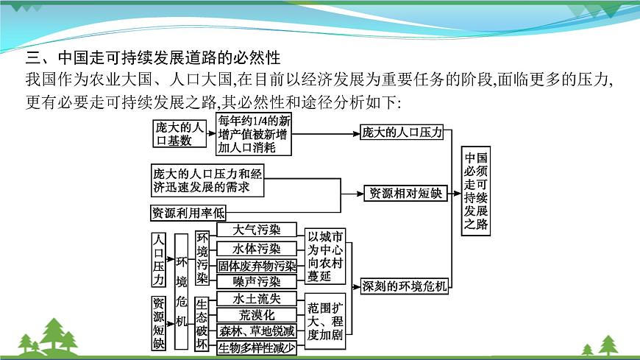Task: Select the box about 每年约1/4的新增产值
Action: coord(255,133)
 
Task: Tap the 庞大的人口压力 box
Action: coord(402,133)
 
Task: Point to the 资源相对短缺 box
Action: coord(405,194)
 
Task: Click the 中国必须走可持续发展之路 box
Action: coord(476,191)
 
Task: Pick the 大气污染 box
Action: coord(256,230)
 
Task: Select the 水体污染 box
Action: coord(256,249)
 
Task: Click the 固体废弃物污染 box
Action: coord(257,266)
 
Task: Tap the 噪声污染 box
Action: coord(256,282)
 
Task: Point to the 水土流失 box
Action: coord(256,299)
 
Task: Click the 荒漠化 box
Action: coord(256,315)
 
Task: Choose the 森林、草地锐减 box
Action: coord(257,332)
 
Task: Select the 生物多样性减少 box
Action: coord(257,348)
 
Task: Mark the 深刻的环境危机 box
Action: coord(405,286)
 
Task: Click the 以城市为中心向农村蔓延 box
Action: coord(324,257)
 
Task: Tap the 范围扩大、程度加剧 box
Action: coord(324,321)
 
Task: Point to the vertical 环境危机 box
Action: coord(182,291)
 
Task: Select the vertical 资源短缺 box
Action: coord(159,322)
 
